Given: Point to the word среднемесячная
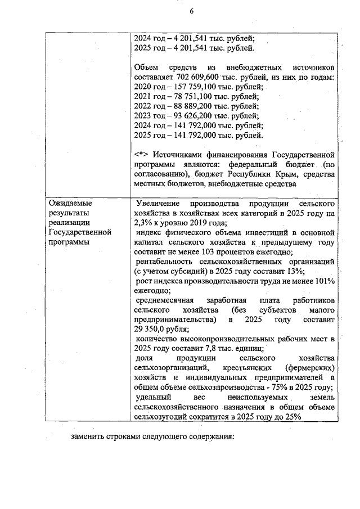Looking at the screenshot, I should pyautogui.click(x=167, y=300).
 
